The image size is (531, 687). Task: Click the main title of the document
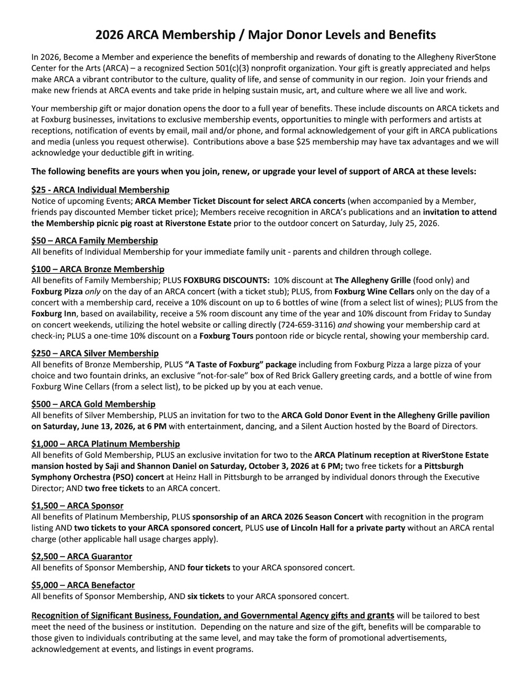[265, 36]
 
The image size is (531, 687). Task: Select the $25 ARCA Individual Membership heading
[100, 190]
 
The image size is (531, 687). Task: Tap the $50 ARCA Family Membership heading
[95, 240]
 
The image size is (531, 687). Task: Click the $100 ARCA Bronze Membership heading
[98, 269]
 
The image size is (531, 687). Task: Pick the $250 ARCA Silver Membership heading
[95, 353]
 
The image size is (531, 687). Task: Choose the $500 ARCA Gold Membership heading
[93, 404]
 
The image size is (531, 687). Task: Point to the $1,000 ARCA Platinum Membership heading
[106, 443]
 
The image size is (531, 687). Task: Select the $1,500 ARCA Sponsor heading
[78, 506]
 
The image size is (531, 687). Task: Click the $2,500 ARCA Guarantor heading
[82, 556]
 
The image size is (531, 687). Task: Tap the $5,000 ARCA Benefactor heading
[83, 585]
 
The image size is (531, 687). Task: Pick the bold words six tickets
[206, 596]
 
